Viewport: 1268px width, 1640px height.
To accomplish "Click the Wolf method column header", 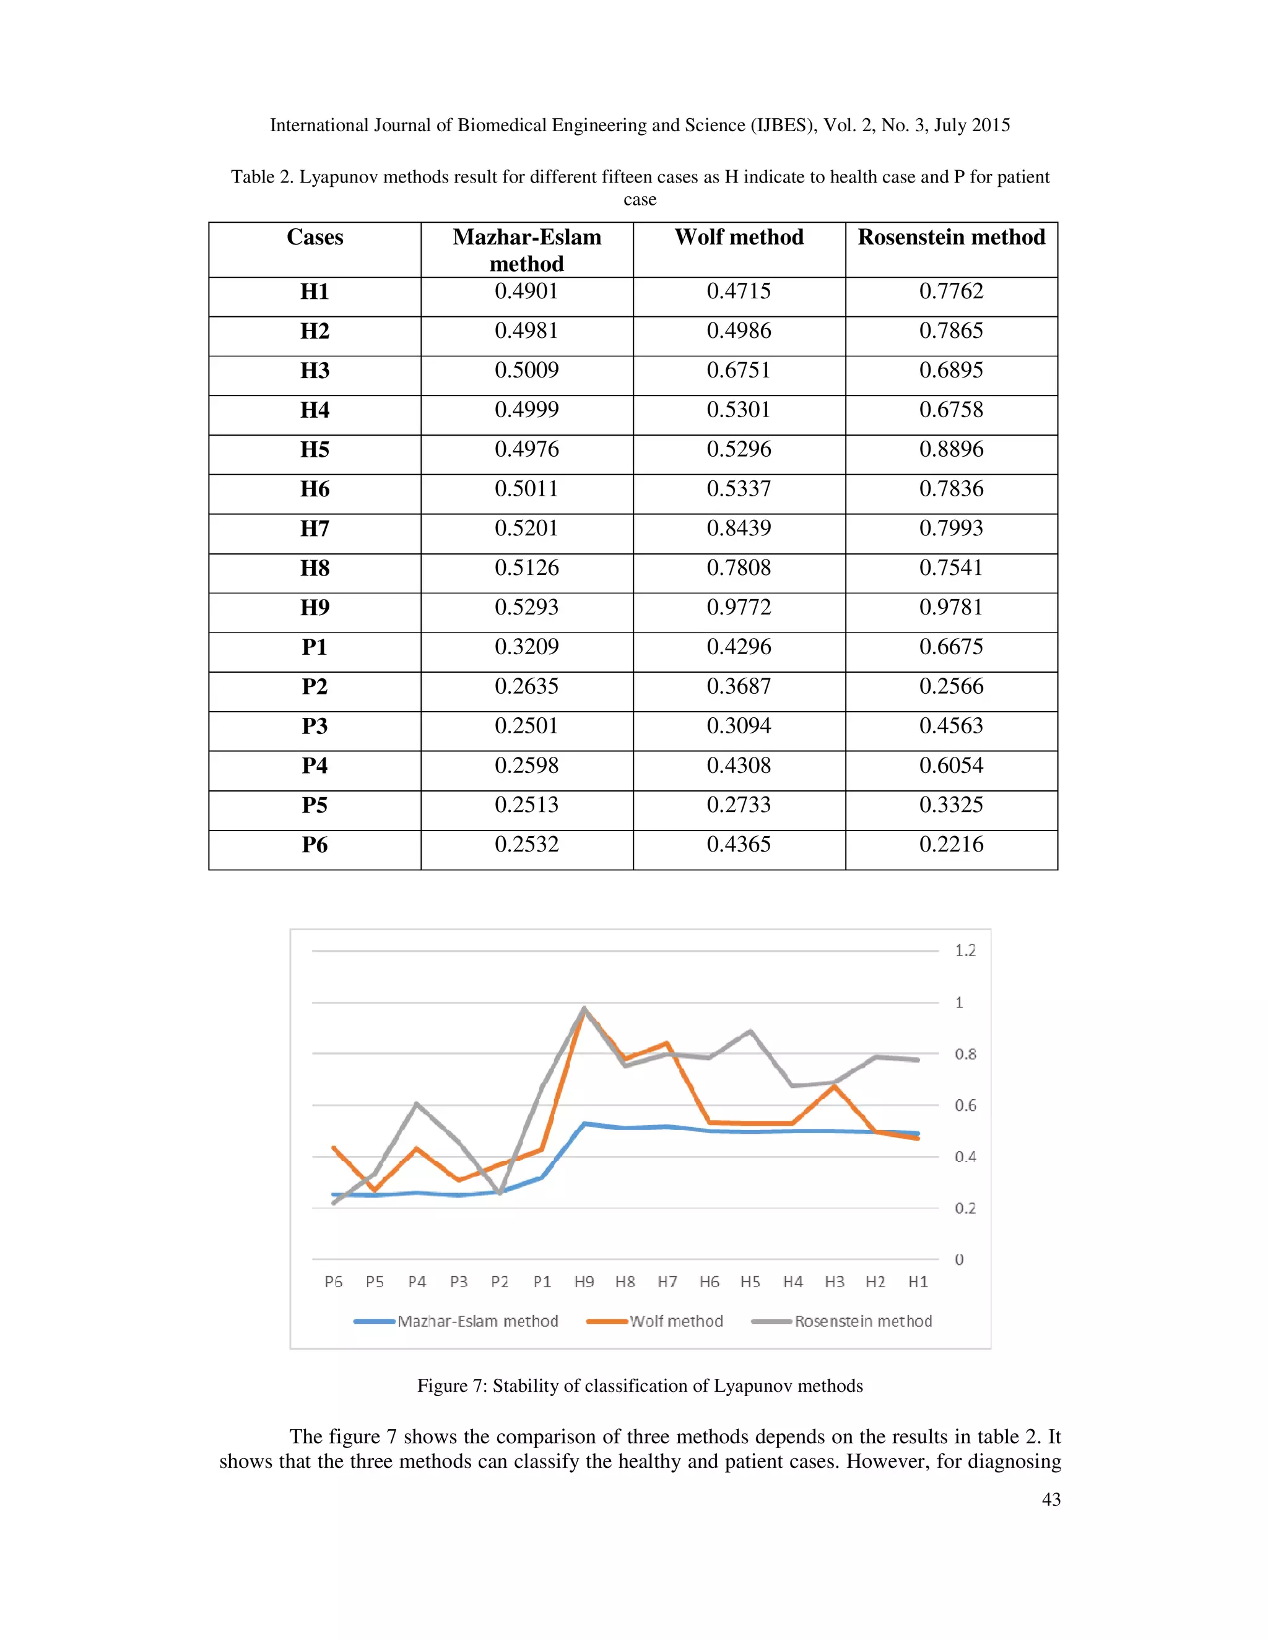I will click(x=739, y=237).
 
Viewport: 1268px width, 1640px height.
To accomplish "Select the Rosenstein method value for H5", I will click(x=951, y=449).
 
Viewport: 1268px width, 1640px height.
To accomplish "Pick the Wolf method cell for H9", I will click(x=739, y=606).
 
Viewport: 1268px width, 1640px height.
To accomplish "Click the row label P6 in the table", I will click(x=315, y=845).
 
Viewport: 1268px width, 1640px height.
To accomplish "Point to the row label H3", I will click(x=315, y=370).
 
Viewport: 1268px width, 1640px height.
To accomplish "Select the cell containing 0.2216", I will click(x=951, y=844).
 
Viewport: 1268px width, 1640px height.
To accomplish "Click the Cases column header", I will click(x=315, y=237).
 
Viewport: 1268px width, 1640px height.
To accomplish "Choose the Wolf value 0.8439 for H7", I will click(x=739, y=528).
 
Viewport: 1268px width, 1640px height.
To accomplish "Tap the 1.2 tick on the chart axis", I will click(x=965, y=951).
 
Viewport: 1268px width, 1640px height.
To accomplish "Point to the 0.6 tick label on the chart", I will click(x=965, y=1105).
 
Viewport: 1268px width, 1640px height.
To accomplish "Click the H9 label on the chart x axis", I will click(x=584, y=1282).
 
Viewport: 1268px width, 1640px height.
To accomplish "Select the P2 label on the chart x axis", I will click(x=500, y=1282).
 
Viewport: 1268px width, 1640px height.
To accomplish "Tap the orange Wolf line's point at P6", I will click(x=334, y=1147).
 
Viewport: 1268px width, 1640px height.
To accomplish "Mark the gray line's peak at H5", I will click(x=750, y=1031).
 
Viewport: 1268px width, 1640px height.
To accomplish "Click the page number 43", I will click(x=1051, y=1500).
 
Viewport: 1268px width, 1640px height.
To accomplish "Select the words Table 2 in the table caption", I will click(x=261, y=177).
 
